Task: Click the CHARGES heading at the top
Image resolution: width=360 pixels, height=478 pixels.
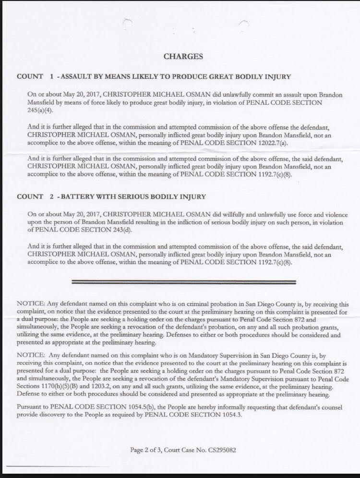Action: [183, 57]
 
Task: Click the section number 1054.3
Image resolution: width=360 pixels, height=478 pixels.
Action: [227, 415]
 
